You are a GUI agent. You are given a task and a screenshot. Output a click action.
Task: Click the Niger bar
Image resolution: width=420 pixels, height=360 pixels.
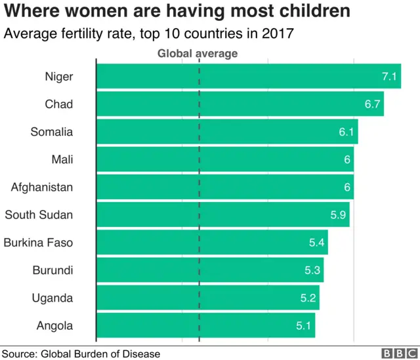pos(236,77)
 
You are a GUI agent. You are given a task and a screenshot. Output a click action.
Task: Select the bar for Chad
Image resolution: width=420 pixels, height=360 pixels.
pos(236,104)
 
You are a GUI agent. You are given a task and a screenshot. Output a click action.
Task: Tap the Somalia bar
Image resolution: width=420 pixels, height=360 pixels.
pos(223,132)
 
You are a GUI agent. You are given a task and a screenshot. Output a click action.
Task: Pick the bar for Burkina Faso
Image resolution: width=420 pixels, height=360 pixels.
pos(210,243)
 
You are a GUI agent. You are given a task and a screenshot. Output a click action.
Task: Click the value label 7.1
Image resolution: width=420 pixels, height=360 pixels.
pos(390,77)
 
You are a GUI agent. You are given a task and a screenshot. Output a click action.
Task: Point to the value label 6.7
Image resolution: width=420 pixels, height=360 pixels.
pos(373,104)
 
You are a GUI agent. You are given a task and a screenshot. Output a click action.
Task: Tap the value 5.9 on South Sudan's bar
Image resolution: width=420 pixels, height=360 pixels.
pos(339,215)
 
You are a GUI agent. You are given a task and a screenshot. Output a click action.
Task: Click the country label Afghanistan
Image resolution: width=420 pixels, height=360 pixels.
pos(42,188)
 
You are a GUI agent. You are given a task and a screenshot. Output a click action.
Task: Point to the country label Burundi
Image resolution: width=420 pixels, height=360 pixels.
pos(52,270)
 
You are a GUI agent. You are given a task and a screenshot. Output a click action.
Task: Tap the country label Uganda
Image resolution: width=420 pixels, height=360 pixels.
pos(52,298)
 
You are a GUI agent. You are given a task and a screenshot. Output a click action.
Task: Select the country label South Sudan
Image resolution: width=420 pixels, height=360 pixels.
pos(39,215)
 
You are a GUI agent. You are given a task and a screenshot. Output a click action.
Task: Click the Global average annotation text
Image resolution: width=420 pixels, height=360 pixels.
pos(198,54)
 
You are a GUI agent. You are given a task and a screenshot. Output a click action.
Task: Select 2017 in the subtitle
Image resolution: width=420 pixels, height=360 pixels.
pos(276,34)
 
